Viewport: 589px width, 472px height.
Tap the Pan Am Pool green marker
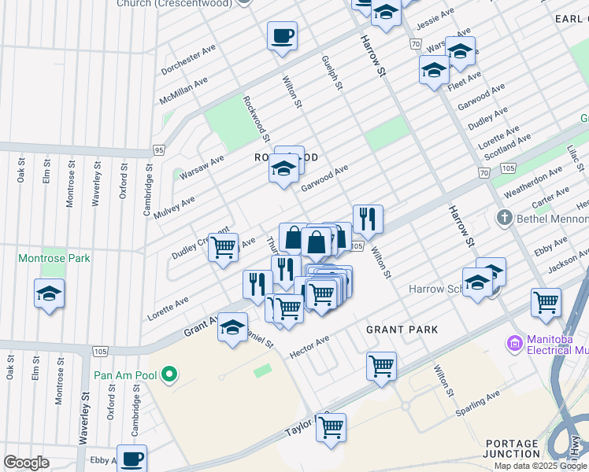(168, 374)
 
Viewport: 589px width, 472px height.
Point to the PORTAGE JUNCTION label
(513, 448)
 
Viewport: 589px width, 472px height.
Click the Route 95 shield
(159, 149)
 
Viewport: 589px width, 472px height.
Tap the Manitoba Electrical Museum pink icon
(515, 343)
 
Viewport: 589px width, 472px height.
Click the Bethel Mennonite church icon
(504, 216)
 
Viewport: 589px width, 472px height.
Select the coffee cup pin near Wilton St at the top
(282, 35)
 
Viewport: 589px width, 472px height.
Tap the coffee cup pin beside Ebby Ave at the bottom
(132, 457)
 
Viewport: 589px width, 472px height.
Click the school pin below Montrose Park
(50, 294)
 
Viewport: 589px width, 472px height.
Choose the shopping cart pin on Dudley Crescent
(224, 247)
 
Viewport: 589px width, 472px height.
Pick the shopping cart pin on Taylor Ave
(332, 428)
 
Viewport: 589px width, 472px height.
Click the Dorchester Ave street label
(188, 60)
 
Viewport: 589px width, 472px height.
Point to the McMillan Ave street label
(183, 92)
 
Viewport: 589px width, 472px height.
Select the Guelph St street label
(332, 72)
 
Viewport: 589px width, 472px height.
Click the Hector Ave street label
(309, 345)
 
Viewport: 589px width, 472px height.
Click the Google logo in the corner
(26, 463)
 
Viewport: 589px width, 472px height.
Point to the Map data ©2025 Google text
(539, 466)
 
